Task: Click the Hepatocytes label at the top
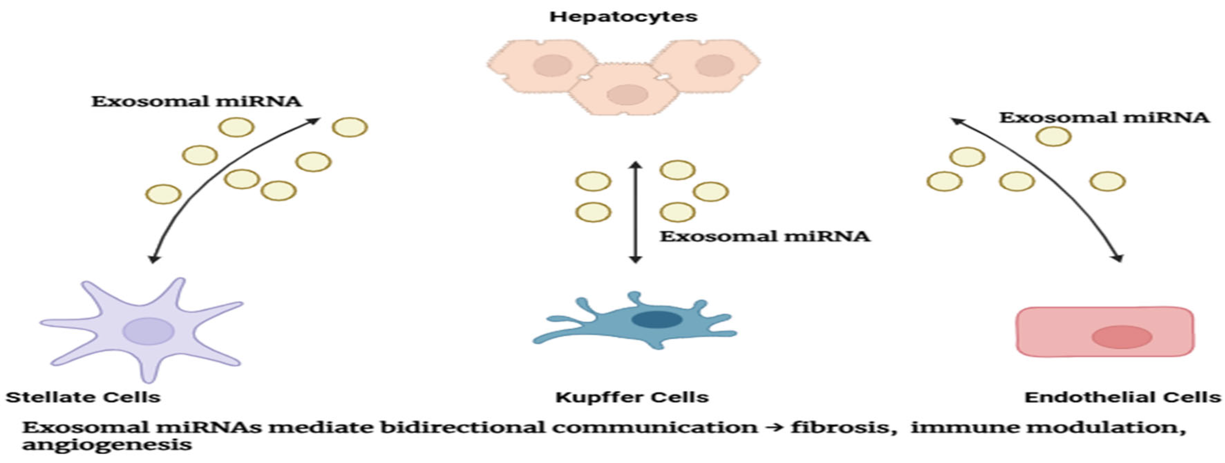click(x=623, y=17)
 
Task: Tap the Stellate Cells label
click(x=83, y=397)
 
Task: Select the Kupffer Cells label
click(x=632, y=397)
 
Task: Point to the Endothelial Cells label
click(x=1122, y=397)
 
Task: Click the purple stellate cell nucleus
click(x=148, y=331)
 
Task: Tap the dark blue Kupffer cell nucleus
click(x=657, y=319)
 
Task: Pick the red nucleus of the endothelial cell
click(x=1121, y=337)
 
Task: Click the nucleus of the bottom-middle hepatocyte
click(x=627, y=94)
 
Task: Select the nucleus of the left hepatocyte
click(x=552, y=65)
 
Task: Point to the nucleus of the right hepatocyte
click(x=714, y=65)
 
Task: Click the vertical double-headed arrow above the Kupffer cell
click(x=635, y=212)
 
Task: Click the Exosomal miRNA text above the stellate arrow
click(x=197, y=101)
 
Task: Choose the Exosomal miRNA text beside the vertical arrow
click(x=765, y=236)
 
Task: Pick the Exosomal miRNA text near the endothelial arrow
click(x=1103, y=117)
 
